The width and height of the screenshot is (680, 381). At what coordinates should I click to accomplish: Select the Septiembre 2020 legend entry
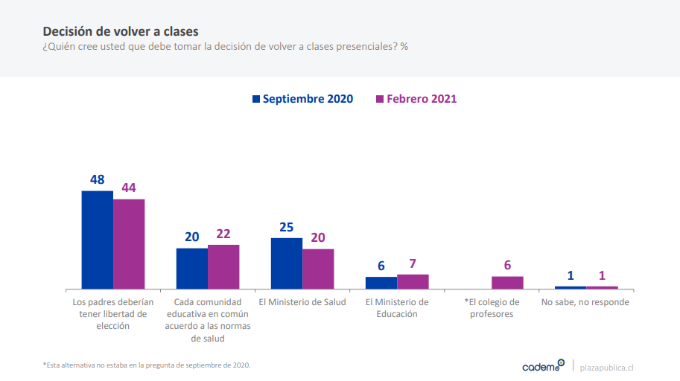[302, 99]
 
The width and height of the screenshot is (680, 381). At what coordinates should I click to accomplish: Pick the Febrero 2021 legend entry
[416, 99]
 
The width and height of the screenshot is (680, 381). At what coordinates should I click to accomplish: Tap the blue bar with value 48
[98, 240]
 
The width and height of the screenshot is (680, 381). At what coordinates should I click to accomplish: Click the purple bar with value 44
[129, 244]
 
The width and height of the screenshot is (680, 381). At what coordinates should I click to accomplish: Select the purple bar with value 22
[223, 266]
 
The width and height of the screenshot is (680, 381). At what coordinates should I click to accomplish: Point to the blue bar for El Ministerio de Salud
[287, 263]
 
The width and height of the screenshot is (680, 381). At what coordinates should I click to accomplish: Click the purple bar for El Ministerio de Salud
[318, 269]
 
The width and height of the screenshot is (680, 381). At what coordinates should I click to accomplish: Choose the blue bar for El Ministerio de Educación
[381, 283]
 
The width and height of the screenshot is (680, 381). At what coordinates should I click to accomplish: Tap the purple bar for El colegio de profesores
[507, 283]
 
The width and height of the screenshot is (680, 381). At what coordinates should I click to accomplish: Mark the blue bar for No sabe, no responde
[571, 287]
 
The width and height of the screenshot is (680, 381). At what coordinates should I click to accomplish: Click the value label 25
[286, 226]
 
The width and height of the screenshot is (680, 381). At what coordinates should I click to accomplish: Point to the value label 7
[413, 263]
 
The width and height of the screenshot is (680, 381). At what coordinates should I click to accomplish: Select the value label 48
[97, 179]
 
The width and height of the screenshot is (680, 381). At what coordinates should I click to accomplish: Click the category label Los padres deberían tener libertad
[113, 314]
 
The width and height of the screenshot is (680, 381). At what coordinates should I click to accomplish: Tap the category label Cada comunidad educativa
[208, 320]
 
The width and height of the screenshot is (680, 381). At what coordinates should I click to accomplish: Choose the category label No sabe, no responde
[586, 302]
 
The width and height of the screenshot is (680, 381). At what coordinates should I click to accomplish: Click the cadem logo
[543, 365]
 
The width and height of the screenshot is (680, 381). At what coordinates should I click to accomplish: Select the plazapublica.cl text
[606, 367]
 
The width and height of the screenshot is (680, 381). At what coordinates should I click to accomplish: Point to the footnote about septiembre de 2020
[147, 365]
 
